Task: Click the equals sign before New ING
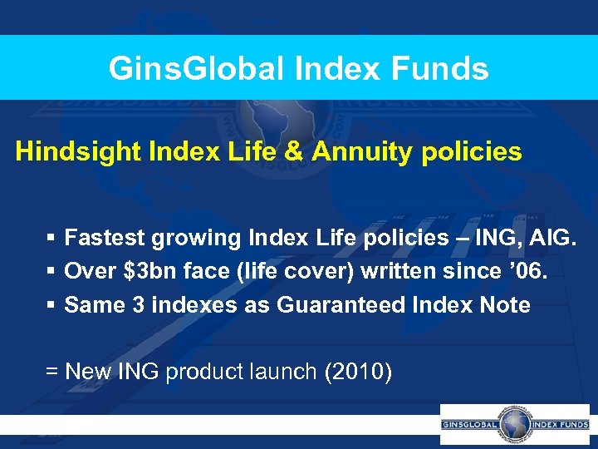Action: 51,371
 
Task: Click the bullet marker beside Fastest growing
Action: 51,239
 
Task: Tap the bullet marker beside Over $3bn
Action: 51,272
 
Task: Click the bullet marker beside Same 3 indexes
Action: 51,305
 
